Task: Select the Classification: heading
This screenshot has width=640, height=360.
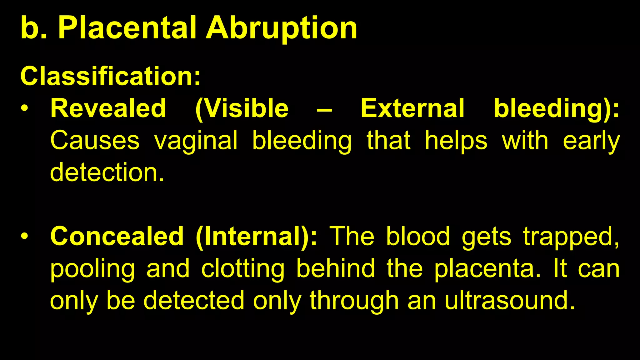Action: [x=110, y=76]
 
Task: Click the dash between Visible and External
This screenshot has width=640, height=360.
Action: [x=324, y=109]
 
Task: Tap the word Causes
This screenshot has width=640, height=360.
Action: [x=95, y=141]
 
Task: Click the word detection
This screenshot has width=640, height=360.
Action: [x=107, y=172]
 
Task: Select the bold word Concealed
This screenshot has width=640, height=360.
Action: [x=117, y=236]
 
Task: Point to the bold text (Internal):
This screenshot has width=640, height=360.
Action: [x=256, y=237]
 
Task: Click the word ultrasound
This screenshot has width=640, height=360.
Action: [x=510, y=301]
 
